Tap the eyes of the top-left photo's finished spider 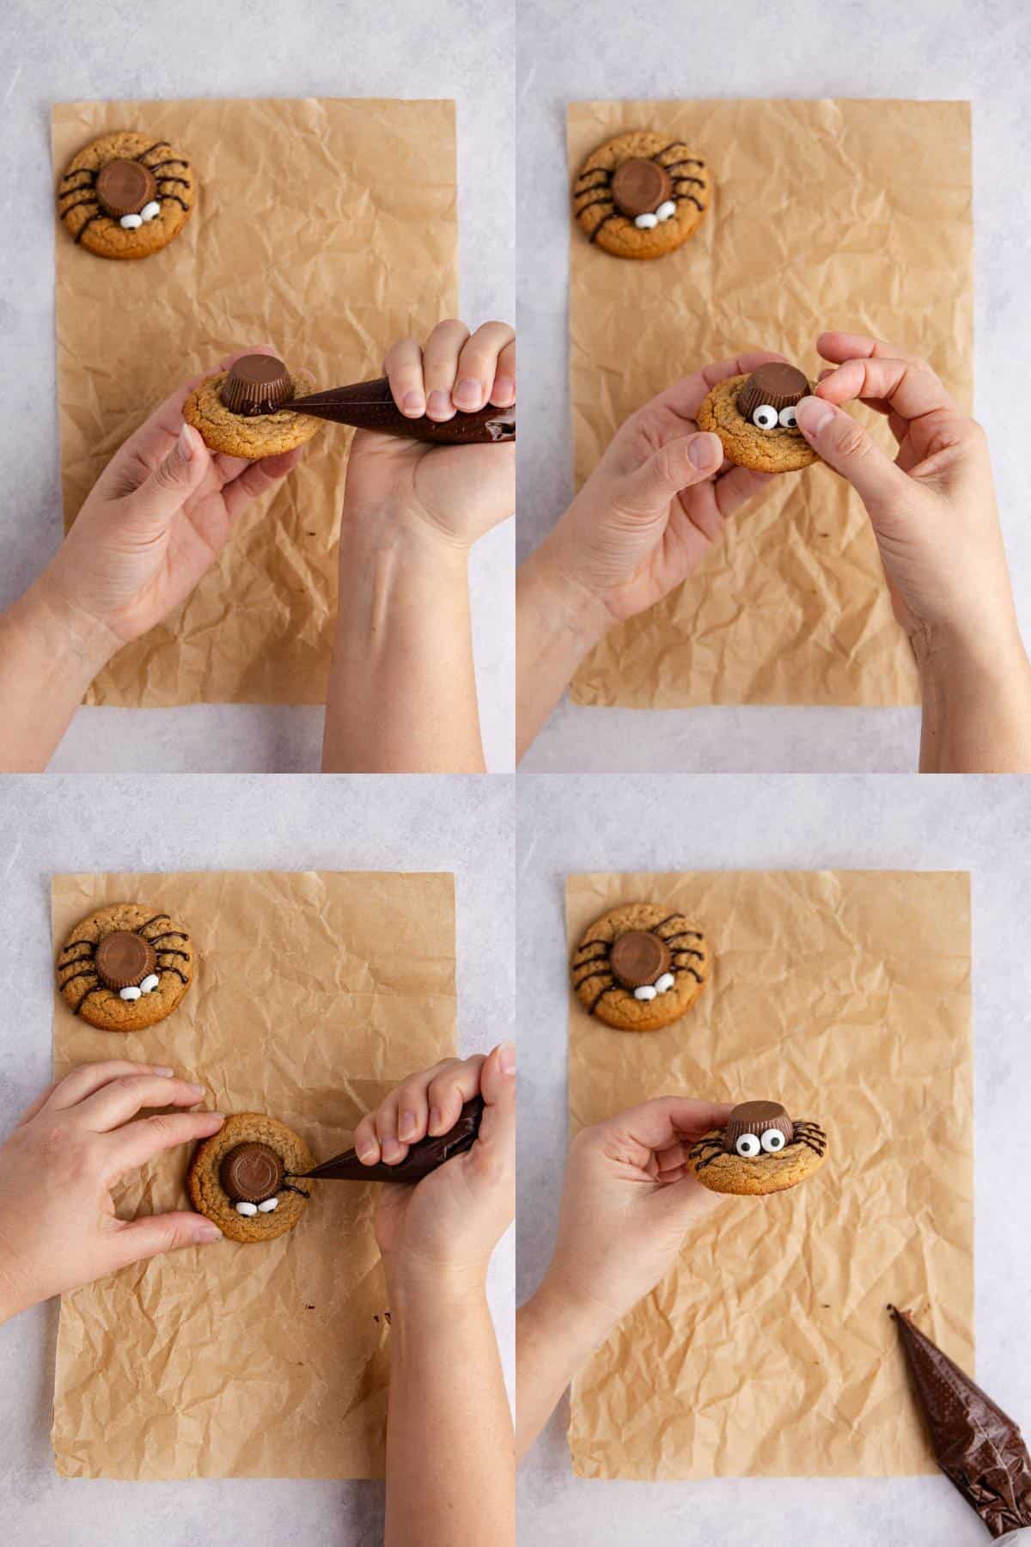point(138,217)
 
